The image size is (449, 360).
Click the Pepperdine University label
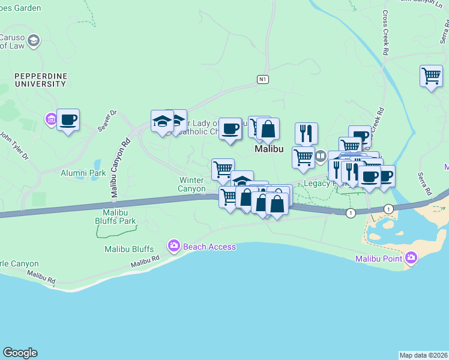pos(40,80)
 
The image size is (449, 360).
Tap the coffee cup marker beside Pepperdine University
pos(68,119)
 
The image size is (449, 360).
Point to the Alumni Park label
pos(83,173)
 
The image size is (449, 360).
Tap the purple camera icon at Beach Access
pos(174,245)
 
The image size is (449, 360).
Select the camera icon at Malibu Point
pos(411,258)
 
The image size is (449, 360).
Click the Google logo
pos(20,353)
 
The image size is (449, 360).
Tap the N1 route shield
pos(262,79)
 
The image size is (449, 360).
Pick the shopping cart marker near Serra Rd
pos(431,76)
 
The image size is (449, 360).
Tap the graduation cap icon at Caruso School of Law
pos(34,40)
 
